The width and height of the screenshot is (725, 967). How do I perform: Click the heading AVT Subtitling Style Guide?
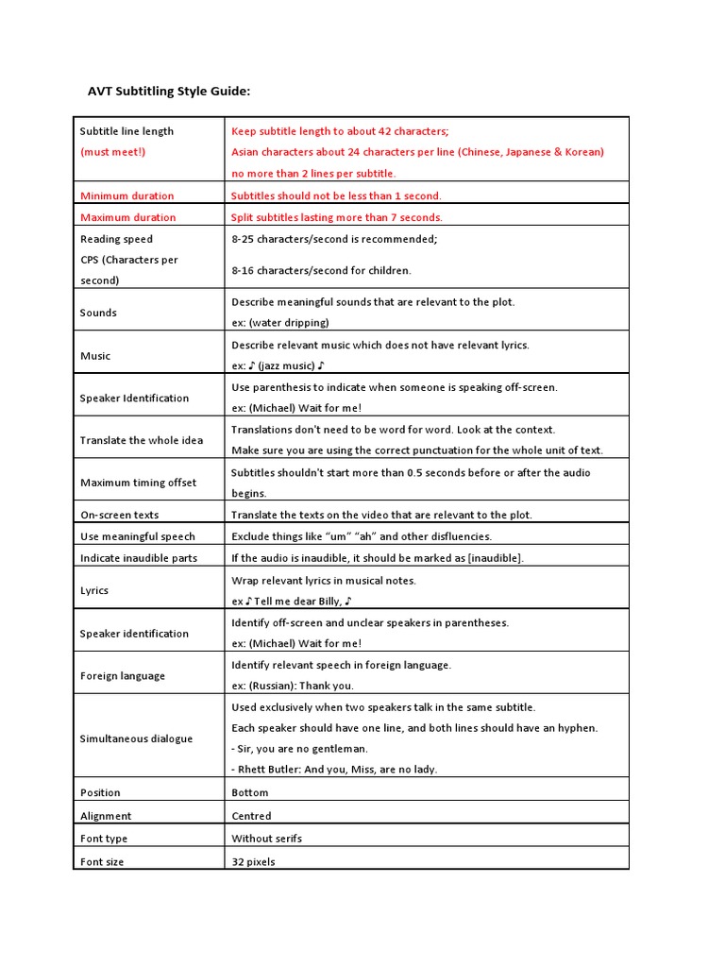(x=169, y=92)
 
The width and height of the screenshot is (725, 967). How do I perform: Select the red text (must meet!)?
(x=113, y=152)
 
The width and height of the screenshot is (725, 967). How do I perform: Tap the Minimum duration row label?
(x=126, y=196)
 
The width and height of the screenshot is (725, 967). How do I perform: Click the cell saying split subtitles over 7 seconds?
(x=336, y=217)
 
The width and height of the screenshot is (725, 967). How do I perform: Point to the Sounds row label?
(x=98, y=313)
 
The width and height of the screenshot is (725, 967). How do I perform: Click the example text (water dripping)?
(x=280, y=323)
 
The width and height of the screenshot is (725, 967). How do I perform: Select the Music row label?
(x=95, y=356)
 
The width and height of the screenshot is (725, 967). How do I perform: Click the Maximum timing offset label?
(x=138, y=483)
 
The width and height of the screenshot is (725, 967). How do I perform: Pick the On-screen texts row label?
(x=119, y=516)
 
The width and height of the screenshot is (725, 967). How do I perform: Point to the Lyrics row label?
(x=94, y=590)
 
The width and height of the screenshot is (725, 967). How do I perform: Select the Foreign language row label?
(x=122, y=676)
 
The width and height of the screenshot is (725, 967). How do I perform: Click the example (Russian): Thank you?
(x=293, y=686)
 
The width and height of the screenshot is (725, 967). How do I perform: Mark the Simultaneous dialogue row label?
(x=136, y=738)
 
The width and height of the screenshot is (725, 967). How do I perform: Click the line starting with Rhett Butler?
(x=334, y=770)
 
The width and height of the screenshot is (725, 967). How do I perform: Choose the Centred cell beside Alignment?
(x=251, y=816)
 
